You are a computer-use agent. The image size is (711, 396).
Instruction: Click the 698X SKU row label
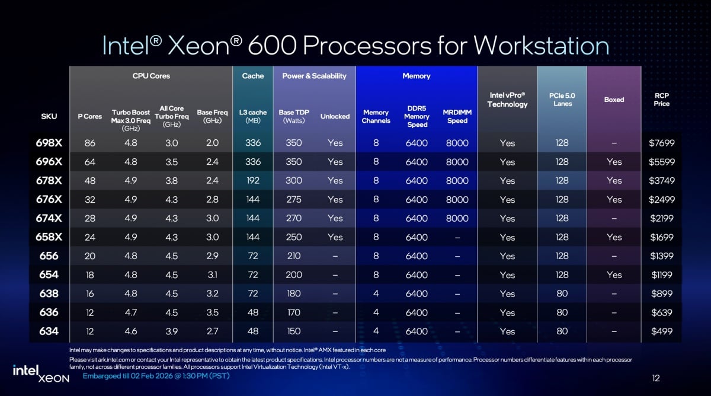(49, 143)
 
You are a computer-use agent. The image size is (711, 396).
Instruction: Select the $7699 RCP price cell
(661, 143)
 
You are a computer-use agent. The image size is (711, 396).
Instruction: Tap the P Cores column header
(90, 116)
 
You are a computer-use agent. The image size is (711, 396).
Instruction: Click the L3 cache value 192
(253, 181)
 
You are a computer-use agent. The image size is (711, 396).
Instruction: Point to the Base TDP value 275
(294, 200)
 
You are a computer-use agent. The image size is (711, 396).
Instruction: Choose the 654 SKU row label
(49, 275)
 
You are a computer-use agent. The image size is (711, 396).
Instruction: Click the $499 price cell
(661, 331)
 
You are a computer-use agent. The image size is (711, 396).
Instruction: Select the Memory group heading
(416, 76)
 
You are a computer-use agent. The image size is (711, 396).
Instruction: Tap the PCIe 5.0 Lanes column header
(562, 100)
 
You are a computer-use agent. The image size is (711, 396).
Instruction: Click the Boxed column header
(614, 100)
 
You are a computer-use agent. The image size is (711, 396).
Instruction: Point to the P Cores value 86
(90, 143)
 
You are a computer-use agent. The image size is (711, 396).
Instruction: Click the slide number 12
(655, 378)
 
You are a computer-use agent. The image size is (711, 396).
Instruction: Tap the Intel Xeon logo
(41, 373)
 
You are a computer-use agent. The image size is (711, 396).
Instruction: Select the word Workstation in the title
(541, 46)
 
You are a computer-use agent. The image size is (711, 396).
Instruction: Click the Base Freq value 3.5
(212, 312)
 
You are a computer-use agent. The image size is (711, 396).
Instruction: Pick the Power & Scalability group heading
(314, 76)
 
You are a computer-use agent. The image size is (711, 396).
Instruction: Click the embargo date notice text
(156, 376)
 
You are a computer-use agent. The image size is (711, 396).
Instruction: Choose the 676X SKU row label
(49, 200)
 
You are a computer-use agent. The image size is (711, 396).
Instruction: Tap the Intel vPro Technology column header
(507, 100)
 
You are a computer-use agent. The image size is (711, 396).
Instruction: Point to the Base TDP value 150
(294, 331)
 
